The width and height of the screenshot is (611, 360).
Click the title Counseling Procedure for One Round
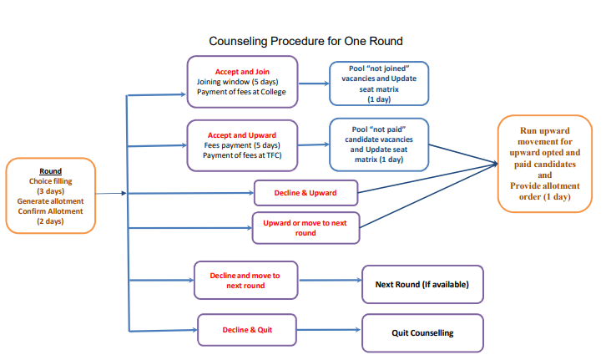click(x=305, y=40)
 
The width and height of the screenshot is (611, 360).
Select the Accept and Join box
click(x=241, y=81)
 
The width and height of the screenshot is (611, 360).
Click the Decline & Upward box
click(x=305, y=193)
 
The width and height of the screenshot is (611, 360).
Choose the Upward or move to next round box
click(x=305, y=226)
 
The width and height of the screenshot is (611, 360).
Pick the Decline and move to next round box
click(x=245, y=280)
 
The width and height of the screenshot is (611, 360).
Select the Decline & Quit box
click(x=246, y=330)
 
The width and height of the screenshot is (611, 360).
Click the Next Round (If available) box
click(x=422, y=285)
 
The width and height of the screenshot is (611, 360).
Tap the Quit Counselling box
click(x=422, y=332)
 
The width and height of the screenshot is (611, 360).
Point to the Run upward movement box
click(x=544, y=163)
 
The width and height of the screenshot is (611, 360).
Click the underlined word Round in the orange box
click(x=50, y=171)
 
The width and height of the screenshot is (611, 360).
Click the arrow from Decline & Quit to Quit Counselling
click(x=328, y=330)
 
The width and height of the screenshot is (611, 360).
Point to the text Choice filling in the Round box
click(x=51, y=181)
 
